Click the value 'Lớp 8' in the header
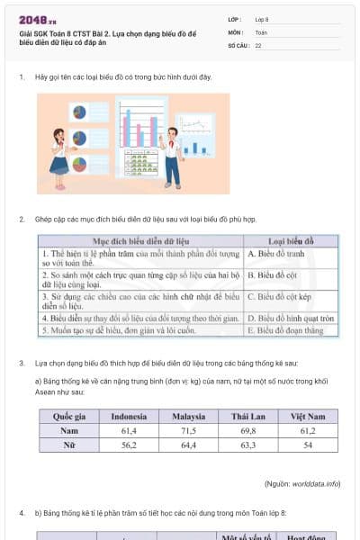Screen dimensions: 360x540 pos(262,19)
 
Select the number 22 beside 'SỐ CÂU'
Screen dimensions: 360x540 pos(258,45)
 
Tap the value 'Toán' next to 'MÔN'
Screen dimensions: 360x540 pos(261,31)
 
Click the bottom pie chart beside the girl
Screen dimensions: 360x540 pos(79,165)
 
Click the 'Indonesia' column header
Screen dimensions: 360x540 pos(129,417)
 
